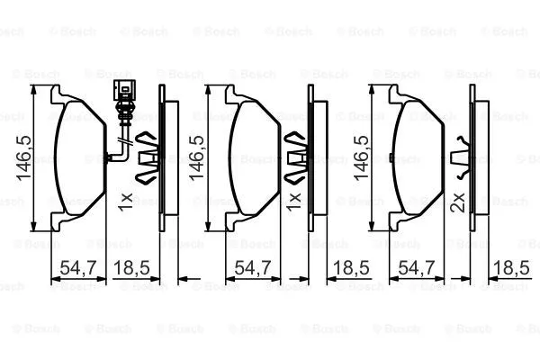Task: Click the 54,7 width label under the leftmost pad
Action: tap(77, 267)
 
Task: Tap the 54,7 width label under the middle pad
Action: tap(251, 267)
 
